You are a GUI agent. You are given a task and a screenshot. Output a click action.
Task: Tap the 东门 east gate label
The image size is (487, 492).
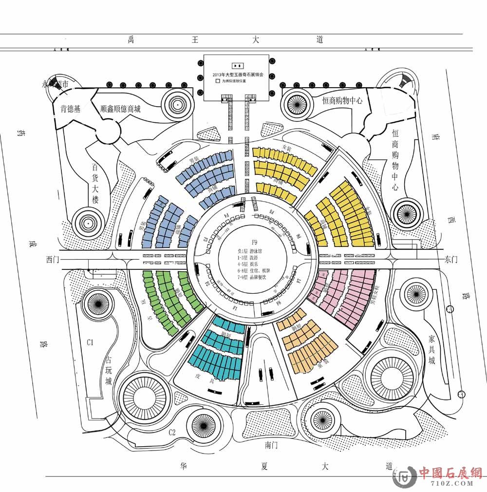click(451, 259)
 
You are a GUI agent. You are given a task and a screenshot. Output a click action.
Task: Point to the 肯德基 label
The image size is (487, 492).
click(70, 109)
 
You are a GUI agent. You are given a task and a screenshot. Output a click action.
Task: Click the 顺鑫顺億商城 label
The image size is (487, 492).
click(120, 109)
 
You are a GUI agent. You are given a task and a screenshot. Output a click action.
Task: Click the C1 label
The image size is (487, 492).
click(90, 342)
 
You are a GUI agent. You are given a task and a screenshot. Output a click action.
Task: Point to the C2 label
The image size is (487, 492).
click(172, 432)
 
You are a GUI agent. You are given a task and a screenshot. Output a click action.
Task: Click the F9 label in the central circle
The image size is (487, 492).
click(254, 242)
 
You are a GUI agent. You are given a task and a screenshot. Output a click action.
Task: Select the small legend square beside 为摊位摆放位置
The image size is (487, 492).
click(218, 82)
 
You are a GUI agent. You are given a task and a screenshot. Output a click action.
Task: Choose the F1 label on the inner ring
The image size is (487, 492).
click(235, 308)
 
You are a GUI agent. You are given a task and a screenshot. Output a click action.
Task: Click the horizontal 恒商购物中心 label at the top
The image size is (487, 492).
click(342, 100)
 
